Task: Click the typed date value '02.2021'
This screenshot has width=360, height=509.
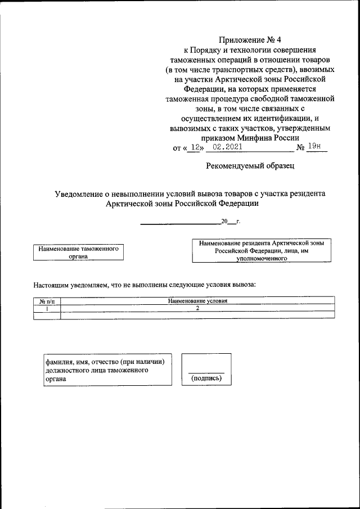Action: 224,147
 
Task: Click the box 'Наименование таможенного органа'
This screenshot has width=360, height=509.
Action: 78,251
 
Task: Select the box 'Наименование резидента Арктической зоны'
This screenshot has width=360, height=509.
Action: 262,250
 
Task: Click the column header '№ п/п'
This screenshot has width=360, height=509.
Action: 47,301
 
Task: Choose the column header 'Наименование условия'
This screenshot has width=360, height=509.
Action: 197,301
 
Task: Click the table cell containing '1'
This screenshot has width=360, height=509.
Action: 47,309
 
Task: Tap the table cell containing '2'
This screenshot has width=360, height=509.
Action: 197,309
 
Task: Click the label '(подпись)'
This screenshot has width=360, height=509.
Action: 206,379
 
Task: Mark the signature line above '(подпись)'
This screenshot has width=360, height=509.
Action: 206,373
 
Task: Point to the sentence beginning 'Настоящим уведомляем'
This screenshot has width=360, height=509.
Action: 145,285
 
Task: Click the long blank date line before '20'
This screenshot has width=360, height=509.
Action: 180,224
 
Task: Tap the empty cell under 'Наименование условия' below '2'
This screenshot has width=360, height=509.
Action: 197,316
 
